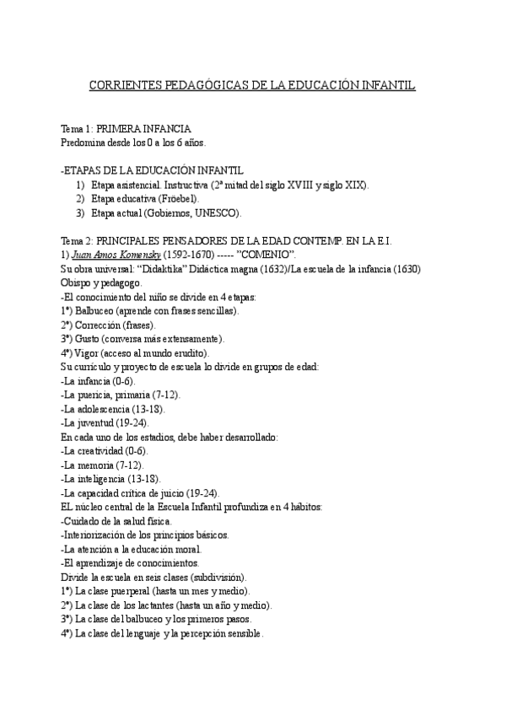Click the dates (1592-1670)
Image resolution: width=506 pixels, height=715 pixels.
pos(194,255)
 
